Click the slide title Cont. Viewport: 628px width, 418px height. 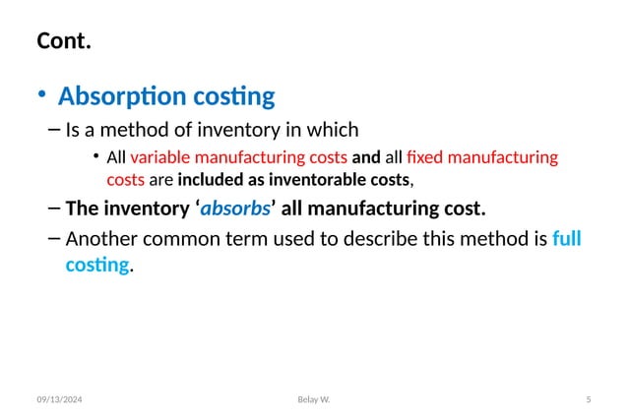click(x=65, y=42)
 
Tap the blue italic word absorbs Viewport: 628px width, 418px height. click(x=235, y=209)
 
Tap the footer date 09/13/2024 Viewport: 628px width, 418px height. click(x=61, y=399)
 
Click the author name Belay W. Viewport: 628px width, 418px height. click(x=314, y=399)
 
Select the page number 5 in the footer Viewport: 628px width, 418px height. click(x=588, y=399)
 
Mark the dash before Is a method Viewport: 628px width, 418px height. click(x=52, y=128)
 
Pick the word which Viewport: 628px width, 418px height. click(x=335, y=128)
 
